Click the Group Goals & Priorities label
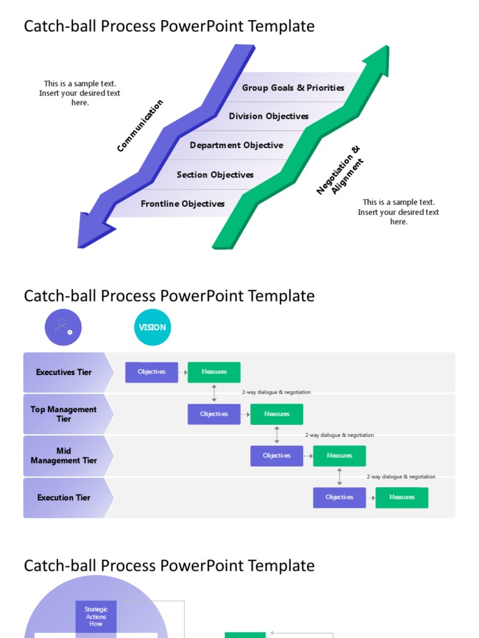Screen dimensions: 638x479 click(293, 88)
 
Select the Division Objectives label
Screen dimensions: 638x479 click(268, 117)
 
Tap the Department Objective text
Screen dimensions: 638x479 click(236, 146)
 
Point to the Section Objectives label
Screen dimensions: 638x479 click(215, 175)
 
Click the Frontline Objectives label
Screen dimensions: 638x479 click(183, 204)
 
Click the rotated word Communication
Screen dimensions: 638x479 click(140, 125)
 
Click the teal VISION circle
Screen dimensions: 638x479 click(152, 327)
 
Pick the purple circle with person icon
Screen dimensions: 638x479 click(63, 327)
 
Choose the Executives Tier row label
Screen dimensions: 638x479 click(64, 373)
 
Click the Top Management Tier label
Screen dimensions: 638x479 click(64, 414)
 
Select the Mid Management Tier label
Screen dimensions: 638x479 click(64, 456)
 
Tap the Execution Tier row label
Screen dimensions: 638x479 click(64, 498)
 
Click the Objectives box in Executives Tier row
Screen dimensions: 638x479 click(152, 372)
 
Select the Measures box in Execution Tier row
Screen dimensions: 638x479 click(402, 497)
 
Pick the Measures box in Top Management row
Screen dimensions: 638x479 click(277, 414)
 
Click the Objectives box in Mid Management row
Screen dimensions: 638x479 click(277, 456)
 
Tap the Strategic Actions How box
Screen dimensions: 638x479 click(96, 616)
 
